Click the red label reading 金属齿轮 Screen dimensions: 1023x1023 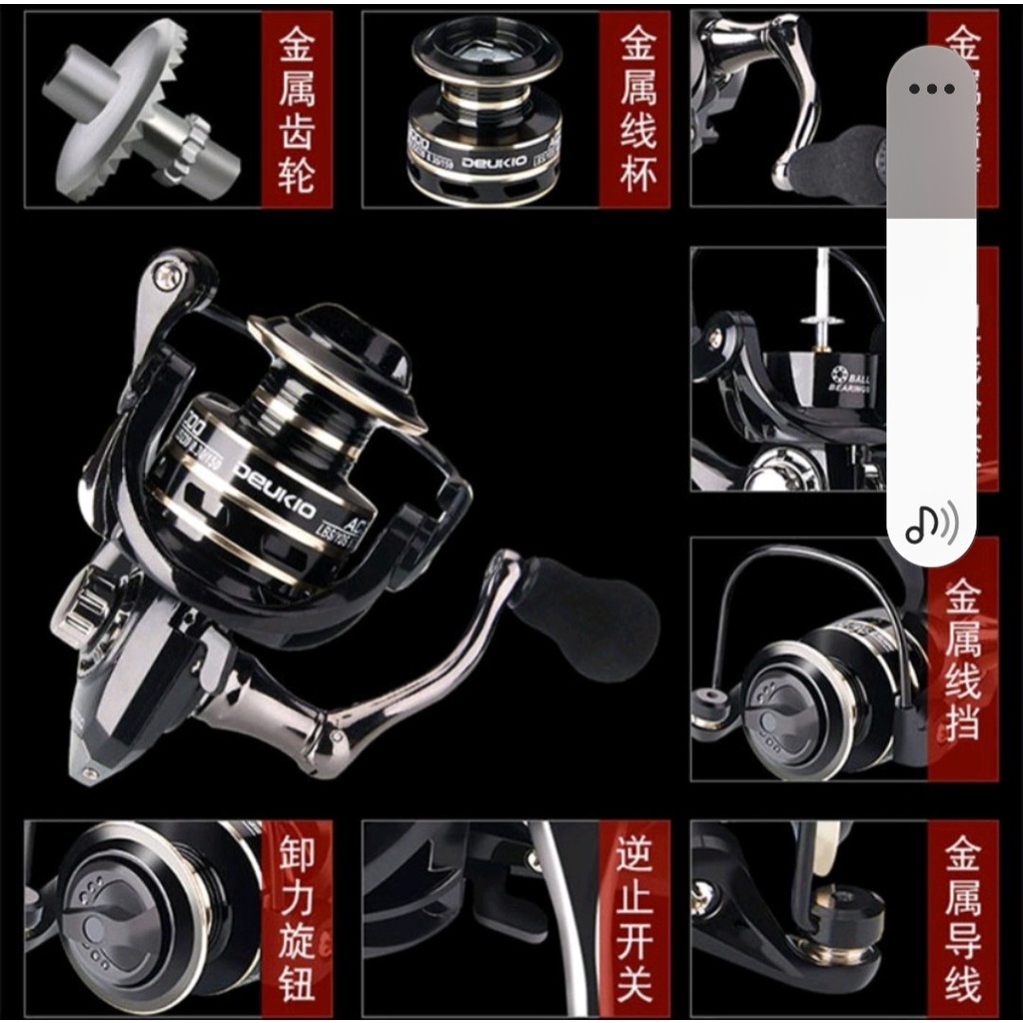click(297, 110)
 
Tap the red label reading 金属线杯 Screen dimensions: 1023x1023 click(635, 110)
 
